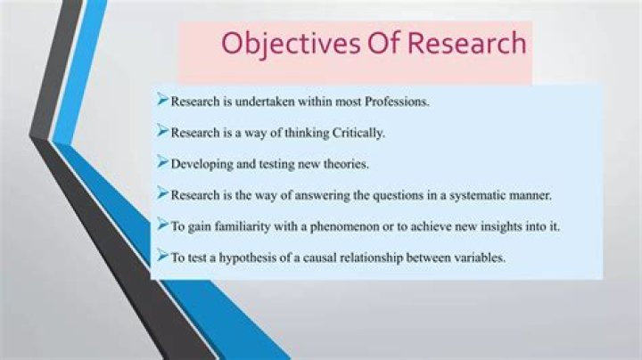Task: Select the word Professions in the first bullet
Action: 392,102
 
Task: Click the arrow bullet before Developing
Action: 162,162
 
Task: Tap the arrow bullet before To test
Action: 162,257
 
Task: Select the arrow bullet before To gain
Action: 162,225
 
